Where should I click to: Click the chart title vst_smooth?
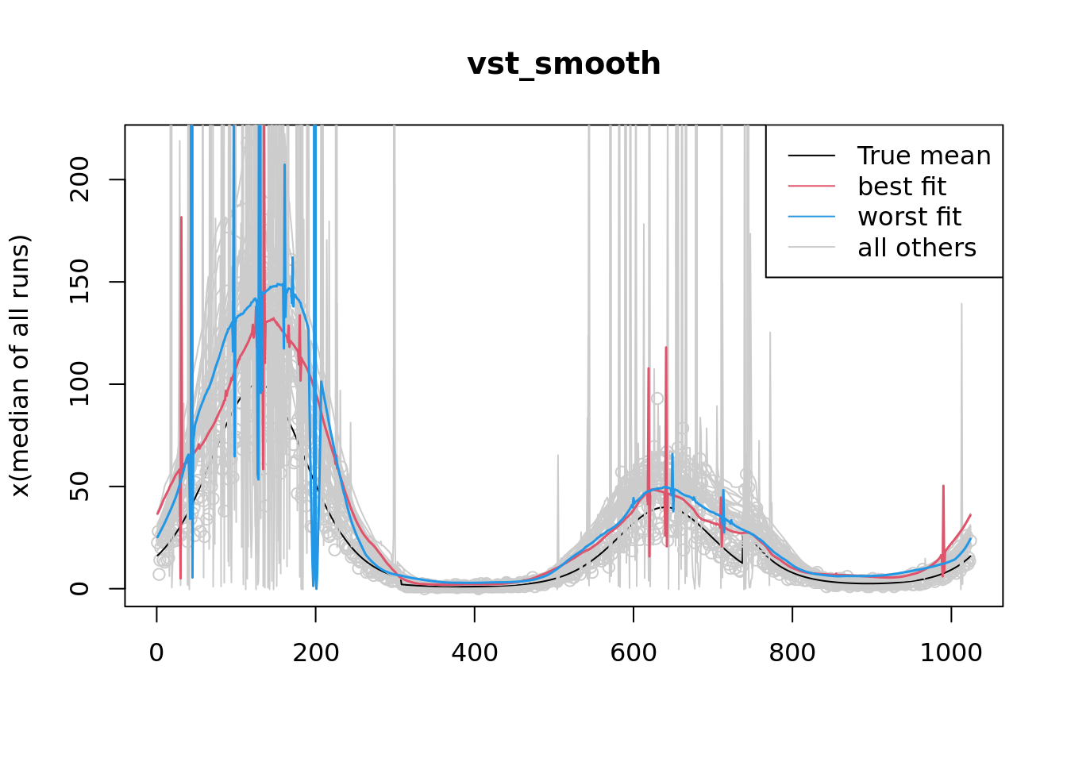click(x=564, y=64)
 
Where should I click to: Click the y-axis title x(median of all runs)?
click(x=21, y=366)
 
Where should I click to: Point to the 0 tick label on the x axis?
click(x=156, y=652)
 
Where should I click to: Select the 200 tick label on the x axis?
click(x=315, y=652)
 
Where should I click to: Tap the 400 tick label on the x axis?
click(x=474, y=652)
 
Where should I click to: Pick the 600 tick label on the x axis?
click(x=633, y=652)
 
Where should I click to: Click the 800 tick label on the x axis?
click(x=792, y=652)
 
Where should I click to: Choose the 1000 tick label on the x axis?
click(x=950, y=652)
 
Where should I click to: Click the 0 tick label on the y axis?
click(x=79, y=588)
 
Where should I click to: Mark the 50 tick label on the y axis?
click(x=79, y=486)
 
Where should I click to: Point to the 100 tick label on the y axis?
click(x=79, y=384)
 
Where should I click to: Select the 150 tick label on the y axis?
click(x=79, y=282)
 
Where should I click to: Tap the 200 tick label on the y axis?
click(x=79, y=179)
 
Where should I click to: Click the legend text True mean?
click(x=924, y=156)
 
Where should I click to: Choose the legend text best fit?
click(x=902, y=187)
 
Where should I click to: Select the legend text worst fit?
click(x=909, y=217)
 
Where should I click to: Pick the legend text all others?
click(x=917, y=248)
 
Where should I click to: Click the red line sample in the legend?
click(x=811, y=187)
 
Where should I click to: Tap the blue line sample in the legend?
click(x=811, y=217)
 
